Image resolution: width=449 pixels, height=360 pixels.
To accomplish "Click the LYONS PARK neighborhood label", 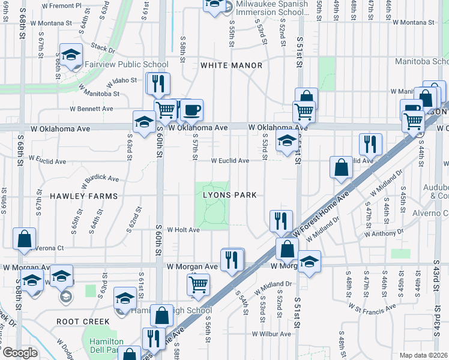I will click(229, 195).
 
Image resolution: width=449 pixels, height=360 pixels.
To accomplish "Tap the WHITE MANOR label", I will click(231, 65).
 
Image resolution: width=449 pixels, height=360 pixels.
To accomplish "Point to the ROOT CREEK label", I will click(83, 322).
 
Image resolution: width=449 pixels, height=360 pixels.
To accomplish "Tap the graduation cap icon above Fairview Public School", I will click(71, 55).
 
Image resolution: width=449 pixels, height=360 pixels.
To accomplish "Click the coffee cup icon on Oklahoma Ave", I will click(192, 110).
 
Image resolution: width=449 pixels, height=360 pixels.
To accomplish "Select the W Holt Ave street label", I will click(183, 230).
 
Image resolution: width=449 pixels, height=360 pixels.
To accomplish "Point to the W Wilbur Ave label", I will click(271, 334).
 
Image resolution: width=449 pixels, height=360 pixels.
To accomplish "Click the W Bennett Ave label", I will click(91, 109).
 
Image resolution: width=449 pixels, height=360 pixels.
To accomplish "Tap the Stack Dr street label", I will click(103, 48).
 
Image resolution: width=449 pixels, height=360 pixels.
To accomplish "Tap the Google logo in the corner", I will click(20, 353).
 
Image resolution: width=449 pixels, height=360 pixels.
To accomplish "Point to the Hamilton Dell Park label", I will click(106, 345).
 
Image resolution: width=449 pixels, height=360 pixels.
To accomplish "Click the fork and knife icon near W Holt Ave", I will click(281, 220).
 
